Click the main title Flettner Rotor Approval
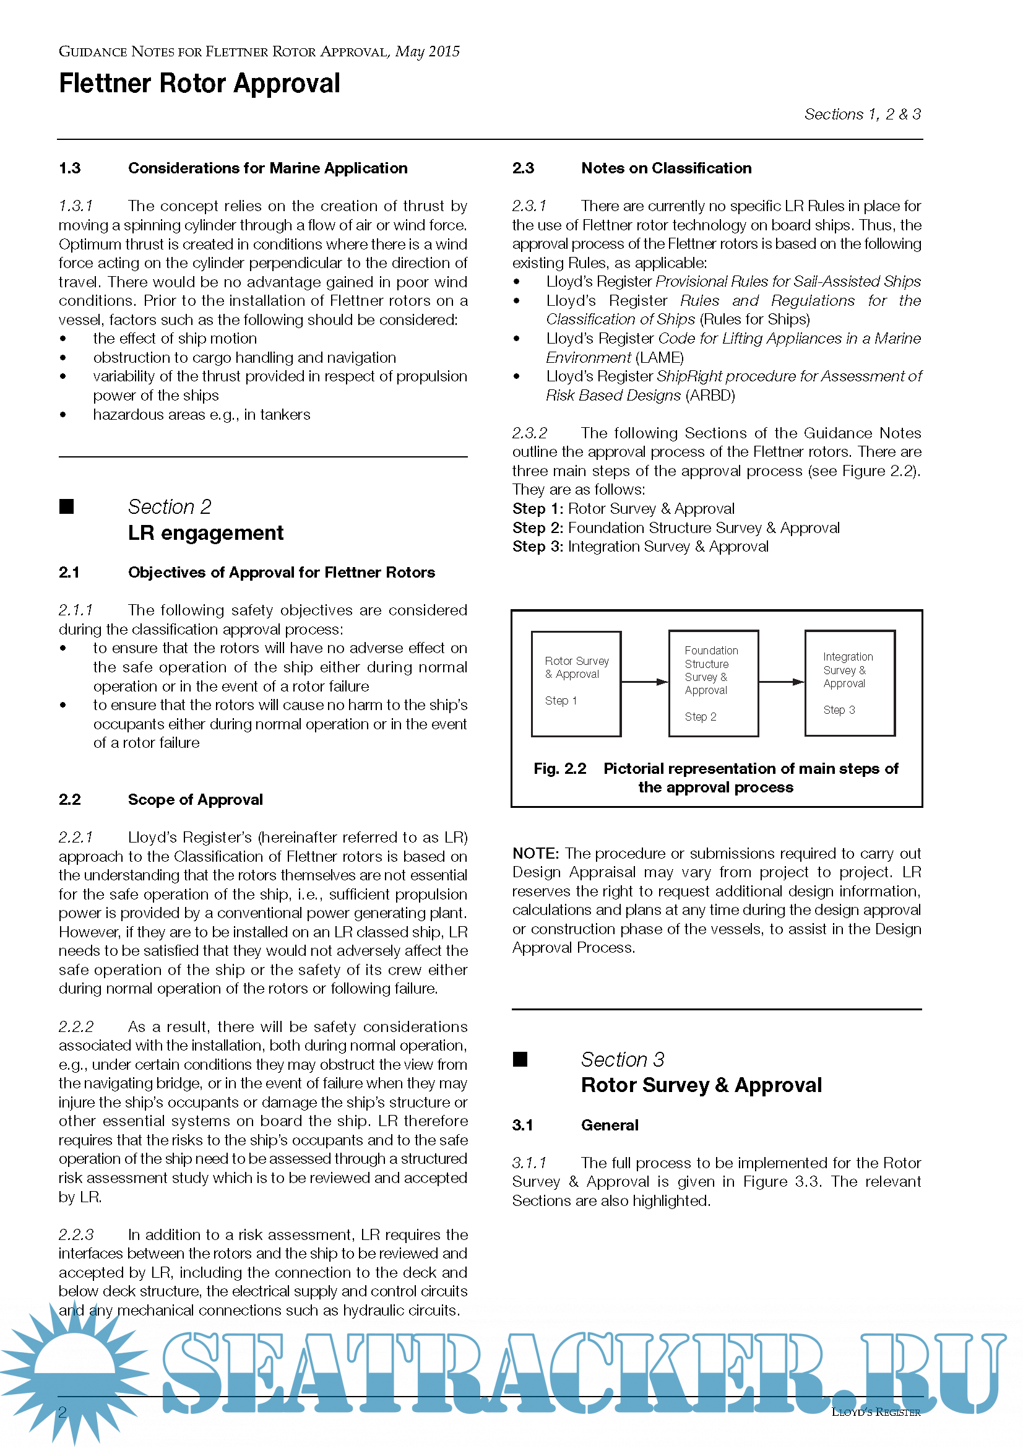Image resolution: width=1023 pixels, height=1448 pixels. click(x=199, y=84)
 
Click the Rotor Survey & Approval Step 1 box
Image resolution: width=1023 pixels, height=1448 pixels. click(x=576, y=683)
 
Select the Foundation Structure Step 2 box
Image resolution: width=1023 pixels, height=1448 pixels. click(x=713, y=683)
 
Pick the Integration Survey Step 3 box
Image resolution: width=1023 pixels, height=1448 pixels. click(x=850, y=683)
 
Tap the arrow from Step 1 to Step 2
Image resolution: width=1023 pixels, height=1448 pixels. click(x=644, y=682)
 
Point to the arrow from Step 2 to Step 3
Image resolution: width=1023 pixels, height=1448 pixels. click(x=782, y=682)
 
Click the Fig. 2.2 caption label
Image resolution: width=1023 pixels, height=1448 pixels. click(x=559, y=769)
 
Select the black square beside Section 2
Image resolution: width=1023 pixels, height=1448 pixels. click(x=67, y=506)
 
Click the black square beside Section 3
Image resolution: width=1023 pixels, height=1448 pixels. click(x=520, y=1059)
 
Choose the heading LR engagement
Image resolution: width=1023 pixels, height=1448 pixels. click(x=205, y=533)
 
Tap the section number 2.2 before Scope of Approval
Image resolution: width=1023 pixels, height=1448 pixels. click(x=69, y=800)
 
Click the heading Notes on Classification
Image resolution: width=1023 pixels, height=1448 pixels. click(x=667, y=168)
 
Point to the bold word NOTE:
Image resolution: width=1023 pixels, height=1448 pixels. click(x=535, y=853)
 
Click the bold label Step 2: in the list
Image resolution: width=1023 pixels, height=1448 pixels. click(x=538, y=528)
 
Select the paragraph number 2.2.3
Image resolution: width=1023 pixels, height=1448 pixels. click(x=76, y=1235)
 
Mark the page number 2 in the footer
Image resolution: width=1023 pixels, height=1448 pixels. click(x=63, y=1412)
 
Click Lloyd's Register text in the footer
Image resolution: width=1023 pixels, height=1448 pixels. click(x=876, y=1412)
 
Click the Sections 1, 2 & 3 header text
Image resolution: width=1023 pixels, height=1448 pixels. click(x=862, y=114)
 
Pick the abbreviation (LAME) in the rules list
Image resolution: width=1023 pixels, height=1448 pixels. click(x=659, y=358)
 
